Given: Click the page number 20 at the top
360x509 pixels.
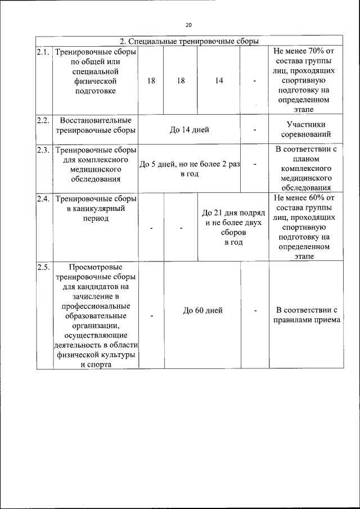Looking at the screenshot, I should point(188,25).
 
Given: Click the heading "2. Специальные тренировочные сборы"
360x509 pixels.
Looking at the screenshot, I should point(190,41).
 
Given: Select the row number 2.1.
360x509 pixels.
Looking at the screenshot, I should point(43,52).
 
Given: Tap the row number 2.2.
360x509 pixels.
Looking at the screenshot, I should point(43,121).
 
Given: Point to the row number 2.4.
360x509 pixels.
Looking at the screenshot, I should point(43,199).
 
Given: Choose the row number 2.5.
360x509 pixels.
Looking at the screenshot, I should point(43,267).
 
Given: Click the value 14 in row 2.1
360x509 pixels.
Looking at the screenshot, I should point(219,81).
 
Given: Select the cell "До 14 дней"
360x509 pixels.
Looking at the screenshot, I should point(190,130).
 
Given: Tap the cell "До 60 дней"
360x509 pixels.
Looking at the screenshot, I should point(203,310).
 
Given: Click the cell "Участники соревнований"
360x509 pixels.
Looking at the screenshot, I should point(305,130).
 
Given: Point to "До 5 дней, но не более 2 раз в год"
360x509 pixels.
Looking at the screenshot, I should point(189,169).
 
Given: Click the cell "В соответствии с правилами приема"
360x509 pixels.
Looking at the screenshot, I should point(305,316).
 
